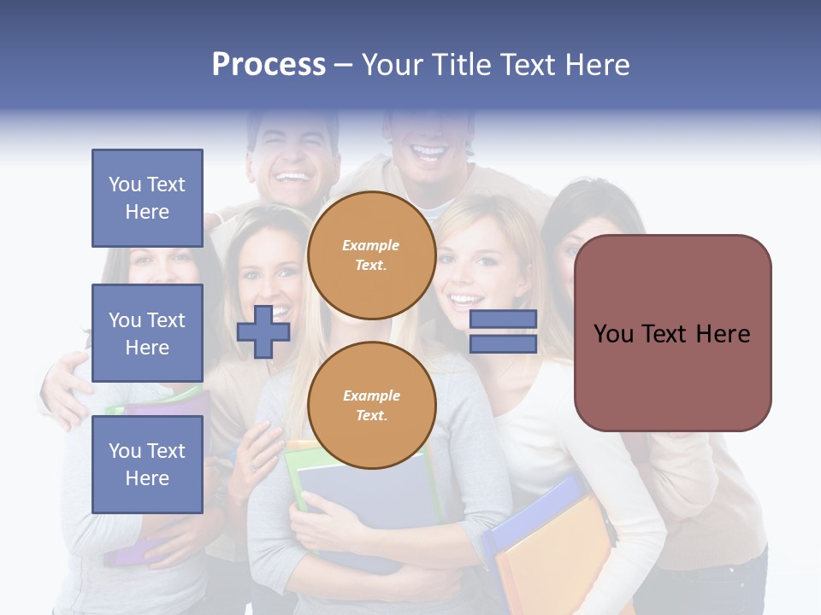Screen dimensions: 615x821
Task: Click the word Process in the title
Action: (269, 65)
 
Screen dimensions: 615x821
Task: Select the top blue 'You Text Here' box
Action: (147, 198)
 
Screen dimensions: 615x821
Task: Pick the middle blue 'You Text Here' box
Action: (147, 333)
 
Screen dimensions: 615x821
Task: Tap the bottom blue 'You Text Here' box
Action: (147, 465)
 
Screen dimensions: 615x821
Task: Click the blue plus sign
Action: (263, 331)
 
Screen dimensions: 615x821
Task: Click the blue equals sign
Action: (503, 331)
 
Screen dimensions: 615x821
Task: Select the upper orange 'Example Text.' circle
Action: (371, 255)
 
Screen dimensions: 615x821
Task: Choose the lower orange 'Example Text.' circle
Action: (371, 406)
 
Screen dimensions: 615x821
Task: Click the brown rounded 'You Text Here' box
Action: (672, 333)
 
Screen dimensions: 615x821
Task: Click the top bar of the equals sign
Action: (503, 319)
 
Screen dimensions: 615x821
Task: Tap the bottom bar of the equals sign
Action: (503, 344)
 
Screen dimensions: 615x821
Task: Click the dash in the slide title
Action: (343, 66)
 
